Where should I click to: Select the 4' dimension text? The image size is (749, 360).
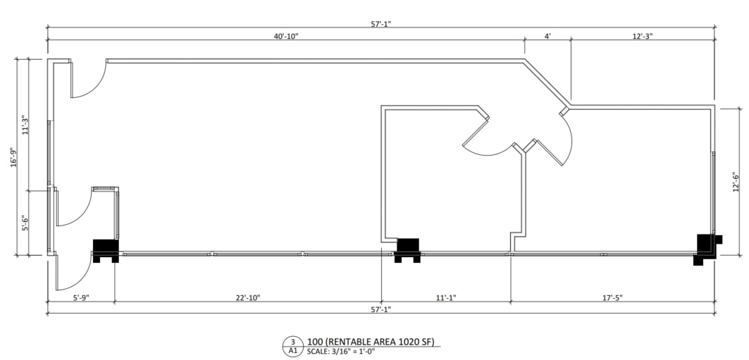547,36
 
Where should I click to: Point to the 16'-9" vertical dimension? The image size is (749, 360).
12,156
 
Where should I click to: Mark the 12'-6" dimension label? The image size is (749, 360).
735,182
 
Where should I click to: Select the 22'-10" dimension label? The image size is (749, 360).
247,298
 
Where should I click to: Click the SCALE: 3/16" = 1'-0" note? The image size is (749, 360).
341,352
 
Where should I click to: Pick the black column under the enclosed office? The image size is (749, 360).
408,249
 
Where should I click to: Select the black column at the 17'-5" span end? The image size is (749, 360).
705,247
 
